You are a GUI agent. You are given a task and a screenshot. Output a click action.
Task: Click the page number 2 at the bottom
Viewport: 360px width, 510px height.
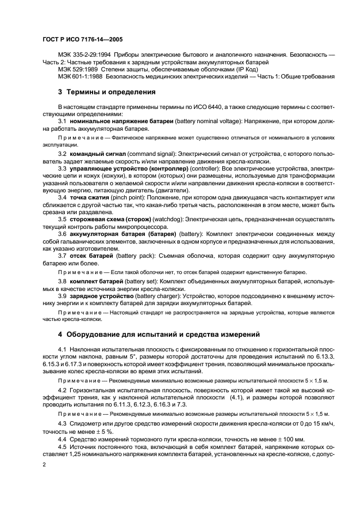click(43, 464)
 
